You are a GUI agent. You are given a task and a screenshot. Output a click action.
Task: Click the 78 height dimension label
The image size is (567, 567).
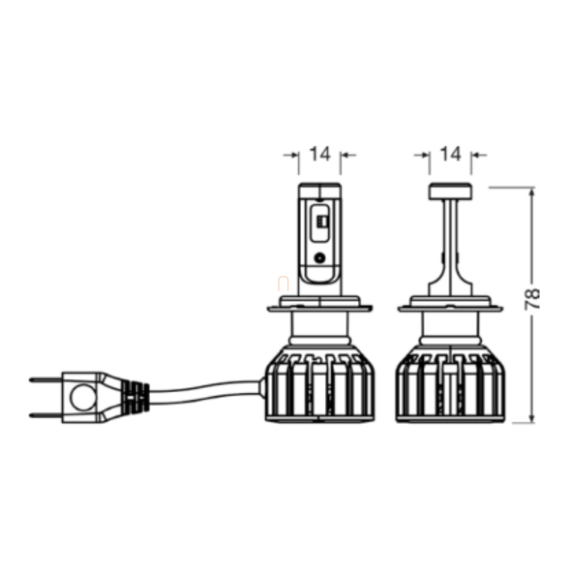pos(532,299)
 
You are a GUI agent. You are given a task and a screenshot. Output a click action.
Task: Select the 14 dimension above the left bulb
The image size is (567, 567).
pos(320,154)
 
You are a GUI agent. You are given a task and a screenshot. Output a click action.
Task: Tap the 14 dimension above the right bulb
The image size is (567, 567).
pos(451,154)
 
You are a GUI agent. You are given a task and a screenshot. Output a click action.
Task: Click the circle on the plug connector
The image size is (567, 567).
pos(84,397)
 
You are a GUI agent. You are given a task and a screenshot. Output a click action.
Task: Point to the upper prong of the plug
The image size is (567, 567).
pos(45,379)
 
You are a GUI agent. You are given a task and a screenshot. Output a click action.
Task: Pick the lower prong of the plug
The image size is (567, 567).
pos(45,415)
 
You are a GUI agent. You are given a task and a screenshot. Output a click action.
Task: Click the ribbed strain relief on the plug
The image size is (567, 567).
pos(136,397)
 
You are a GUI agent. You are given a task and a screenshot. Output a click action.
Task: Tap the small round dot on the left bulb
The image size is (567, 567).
pos(319,258)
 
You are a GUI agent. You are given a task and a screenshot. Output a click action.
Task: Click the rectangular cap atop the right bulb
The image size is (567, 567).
pos(450,191)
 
